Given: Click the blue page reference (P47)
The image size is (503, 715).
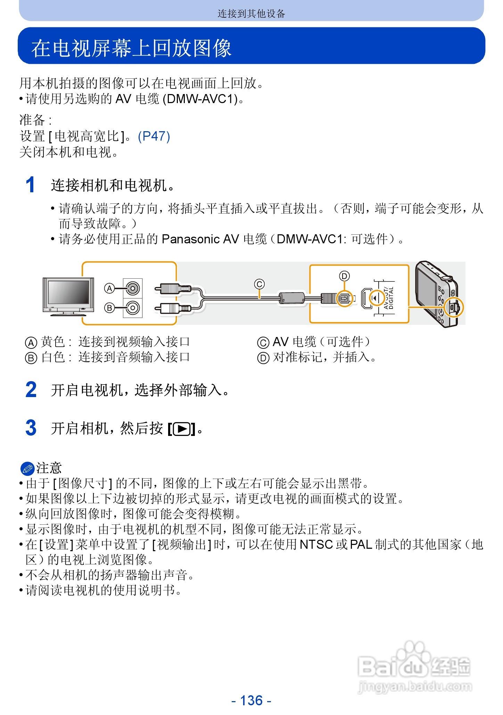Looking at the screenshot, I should point(154,136).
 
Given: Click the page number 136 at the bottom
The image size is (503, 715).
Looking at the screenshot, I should point(251,700).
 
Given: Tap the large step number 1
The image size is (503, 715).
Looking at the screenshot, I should point(31,185).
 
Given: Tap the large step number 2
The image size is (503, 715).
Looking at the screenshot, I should point(31,389).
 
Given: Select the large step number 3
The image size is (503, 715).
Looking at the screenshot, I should point(31,428).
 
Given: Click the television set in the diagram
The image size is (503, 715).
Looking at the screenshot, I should point(68,296).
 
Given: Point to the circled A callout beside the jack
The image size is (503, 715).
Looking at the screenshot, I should point(109,288).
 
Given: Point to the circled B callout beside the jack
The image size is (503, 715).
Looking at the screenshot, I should point(109,308).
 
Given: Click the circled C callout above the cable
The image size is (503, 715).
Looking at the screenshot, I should point(259,284).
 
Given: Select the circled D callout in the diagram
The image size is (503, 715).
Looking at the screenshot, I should point(344,276).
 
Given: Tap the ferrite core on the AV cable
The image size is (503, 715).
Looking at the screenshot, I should point(292,298).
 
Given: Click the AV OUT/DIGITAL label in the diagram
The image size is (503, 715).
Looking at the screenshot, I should point(389,298).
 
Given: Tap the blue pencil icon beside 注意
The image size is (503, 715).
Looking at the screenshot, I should point(27,469).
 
